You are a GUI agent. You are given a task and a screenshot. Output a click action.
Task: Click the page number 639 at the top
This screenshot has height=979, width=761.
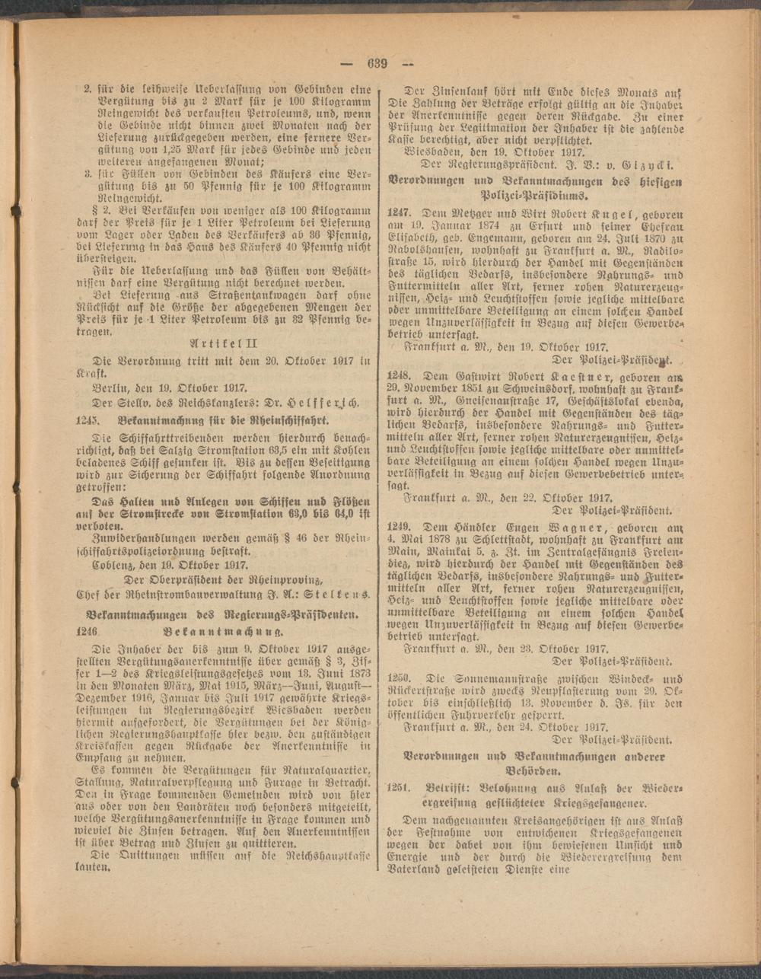tap(377, 64)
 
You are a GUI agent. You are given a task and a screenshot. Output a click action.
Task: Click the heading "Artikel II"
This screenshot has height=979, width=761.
tap(224, 343)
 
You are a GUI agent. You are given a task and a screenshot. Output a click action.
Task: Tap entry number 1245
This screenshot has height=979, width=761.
tap(89, 419)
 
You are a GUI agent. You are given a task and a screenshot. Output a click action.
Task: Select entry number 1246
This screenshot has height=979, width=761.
tap(89, 631)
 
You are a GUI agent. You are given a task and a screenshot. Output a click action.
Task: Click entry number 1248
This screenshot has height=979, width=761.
tap(400, 375)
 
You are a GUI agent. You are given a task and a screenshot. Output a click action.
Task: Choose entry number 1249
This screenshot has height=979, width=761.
tap(400, 526)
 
